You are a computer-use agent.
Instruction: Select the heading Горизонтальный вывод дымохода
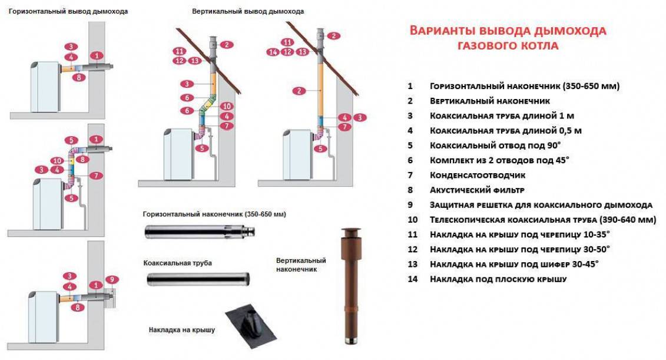[x=68, y=11]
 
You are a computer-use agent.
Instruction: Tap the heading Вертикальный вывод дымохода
[x=248, y=11]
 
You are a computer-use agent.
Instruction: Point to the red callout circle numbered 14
[x=272, y=52]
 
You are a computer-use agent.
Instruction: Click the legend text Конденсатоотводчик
[x=478, y=175]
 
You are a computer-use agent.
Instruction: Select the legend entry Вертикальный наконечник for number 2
[x=490, y=101]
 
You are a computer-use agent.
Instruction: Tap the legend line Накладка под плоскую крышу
[x=498, y=279]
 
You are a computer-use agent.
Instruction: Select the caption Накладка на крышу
[x=182, y=329]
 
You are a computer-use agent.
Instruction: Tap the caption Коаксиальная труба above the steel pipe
[x=177, y=262]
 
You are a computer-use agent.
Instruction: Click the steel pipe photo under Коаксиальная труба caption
[x=198, y=279]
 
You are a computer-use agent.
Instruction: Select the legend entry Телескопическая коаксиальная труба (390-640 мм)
[x=542, y=220]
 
